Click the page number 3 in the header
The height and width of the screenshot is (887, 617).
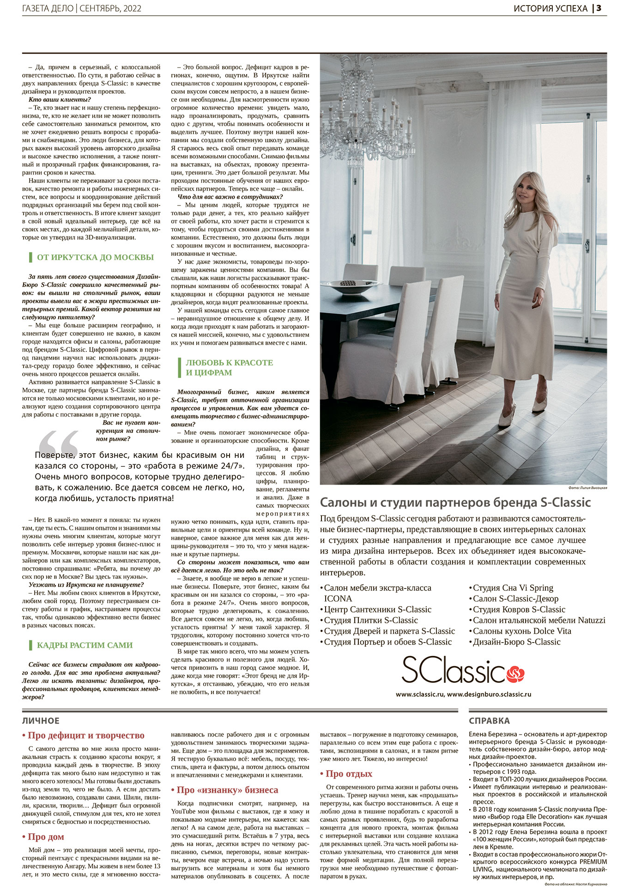pyautogui.click(x=599, y=9)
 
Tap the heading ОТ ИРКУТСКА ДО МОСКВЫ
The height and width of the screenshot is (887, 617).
pyautogui.click(x=95, y=257)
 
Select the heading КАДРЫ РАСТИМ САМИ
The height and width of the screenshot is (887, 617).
pyautogui.click(x=85, y=645)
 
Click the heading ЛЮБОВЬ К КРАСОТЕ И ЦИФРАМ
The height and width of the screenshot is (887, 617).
pyautogui.click(x=229, y=368)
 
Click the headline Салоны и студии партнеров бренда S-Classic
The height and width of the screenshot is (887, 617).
pyautogui.click(x=455, y=503)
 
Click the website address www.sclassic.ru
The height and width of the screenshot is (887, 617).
pyautogui.click(x=420, y=694)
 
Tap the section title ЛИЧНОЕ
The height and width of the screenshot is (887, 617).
pyautogui.click(x=41, y=721)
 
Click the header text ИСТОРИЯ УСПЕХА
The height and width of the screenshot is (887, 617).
pyautogui.click(x=550, y=9)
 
